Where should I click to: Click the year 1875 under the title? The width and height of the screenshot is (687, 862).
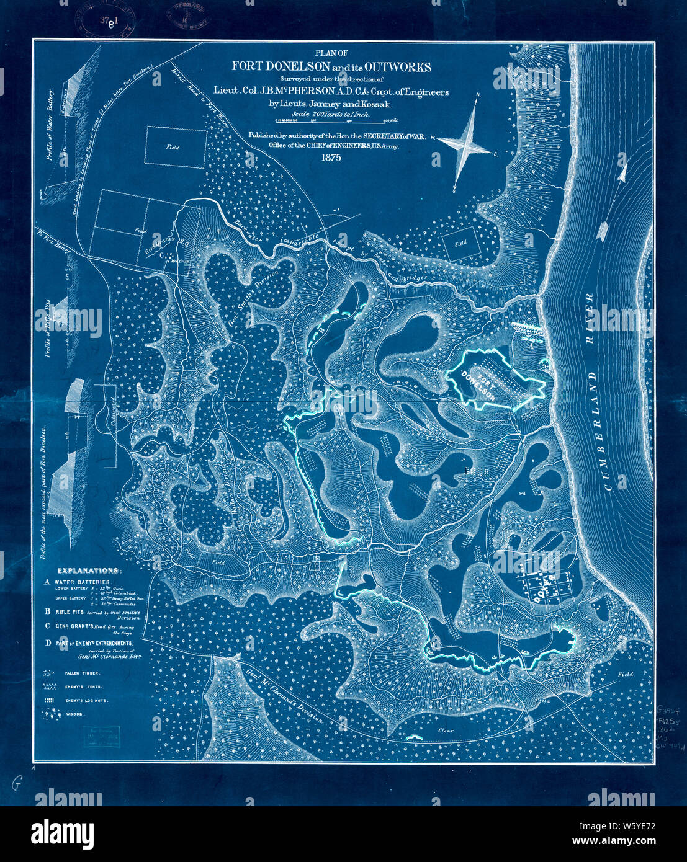(x=331, y=158)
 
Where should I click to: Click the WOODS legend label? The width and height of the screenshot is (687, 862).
(x=76, y=714)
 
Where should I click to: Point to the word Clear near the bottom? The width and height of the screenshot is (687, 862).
(x=446, y=731)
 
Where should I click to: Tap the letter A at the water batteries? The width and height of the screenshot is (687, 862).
(x=531, y=347)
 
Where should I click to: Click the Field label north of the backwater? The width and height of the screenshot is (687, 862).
(x=460, y=244)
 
